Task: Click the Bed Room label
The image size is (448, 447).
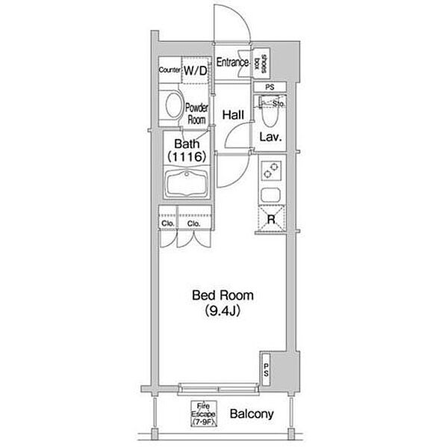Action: [x=223, y=295]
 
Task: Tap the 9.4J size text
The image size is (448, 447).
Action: [x=223, y=311]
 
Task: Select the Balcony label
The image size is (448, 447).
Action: [x=252, y=414]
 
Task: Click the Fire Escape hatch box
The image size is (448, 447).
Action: [x=204, y=414]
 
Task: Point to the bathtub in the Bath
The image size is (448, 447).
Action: [x=187, y=184]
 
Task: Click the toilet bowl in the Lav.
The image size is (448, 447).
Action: [x=270, y=113]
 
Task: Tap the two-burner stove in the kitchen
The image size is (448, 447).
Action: [x=271, y=170]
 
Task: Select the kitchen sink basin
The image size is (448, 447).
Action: [x=270, y=195]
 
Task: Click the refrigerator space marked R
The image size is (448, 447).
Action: [x=271, y=219]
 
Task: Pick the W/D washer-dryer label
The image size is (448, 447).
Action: [x=196, y=70]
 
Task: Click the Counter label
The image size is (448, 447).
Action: [x=169, y=70]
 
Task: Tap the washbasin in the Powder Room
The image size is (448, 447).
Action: [x=174, y=105]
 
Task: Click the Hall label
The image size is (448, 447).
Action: [x=233, y=115]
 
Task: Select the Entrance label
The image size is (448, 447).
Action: [x=232, y=62]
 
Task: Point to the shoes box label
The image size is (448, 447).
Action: [x=261, y=64]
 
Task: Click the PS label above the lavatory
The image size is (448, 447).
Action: [x=270, y=87]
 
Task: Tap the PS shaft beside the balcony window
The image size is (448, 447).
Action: [x=265, y=370]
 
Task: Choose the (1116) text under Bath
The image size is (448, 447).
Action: [x=187, y=157]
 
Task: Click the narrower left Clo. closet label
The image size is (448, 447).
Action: [x=168, y=223]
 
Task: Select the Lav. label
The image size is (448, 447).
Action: [x=270, y=138]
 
